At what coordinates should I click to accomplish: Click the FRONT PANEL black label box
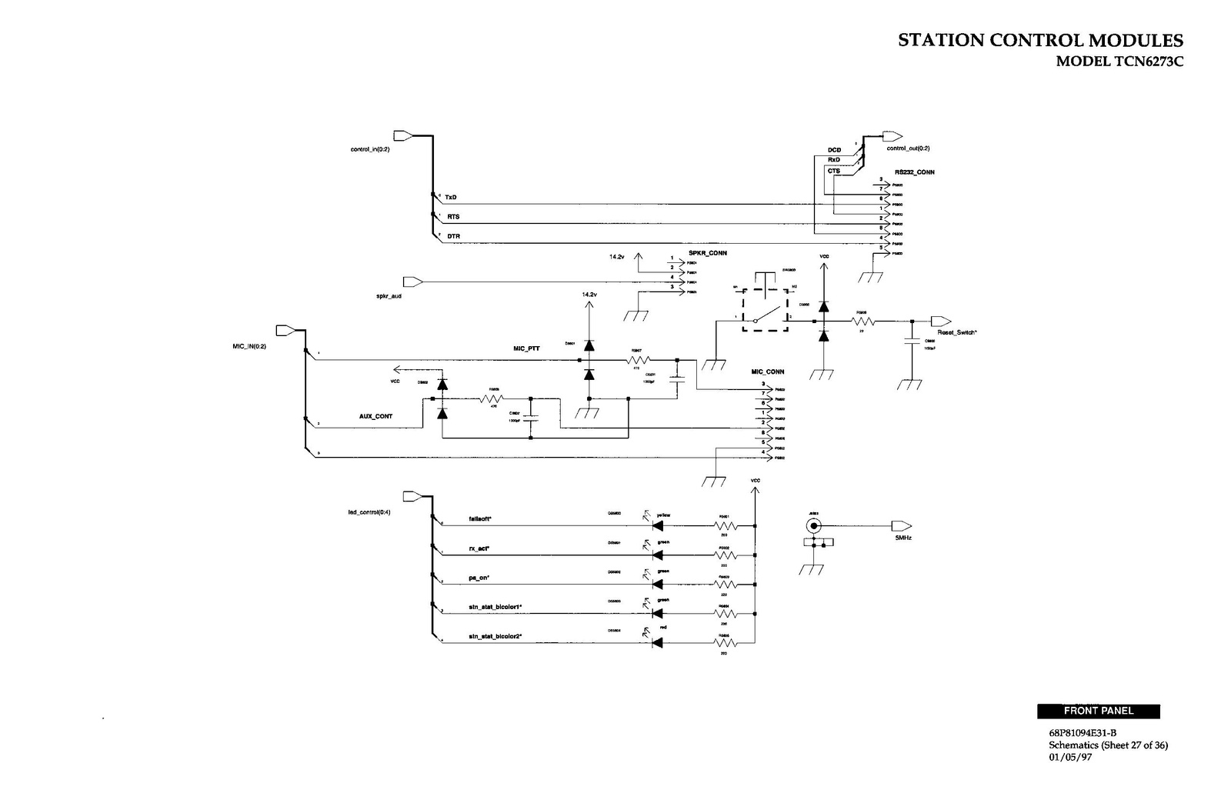[x=1098, y=711]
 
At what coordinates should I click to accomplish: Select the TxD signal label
[x=451, y=198]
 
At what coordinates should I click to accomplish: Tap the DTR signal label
[x=453, y=236]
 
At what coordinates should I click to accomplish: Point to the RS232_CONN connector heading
[x=915, y=172]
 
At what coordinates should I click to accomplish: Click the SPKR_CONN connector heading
[x=708, y=253]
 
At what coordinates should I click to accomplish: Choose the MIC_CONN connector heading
[x=768, y=372]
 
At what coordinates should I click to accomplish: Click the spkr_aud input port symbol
[x=413, y=282]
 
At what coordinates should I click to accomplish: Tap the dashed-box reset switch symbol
[x=766, y=311]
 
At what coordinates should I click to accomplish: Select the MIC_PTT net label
[x=526, y=349]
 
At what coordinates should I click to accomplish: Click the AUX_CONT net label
[x=375, y=416]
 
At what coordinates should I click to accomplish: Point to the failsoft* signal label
[x=480, y=519]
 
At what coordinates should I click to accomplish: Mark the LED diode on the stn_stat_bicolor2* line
[x=657, y=642]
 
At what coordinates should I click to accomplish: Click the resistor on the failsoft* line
[x=725, y=526]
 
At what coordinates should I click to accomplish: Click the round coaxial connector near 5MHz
[x=813, y=526]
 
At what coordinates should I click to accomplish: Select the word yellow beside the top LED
[x=663, y=515]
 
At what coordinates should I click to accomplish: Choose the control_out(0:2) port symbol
[x=892, y=136]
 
